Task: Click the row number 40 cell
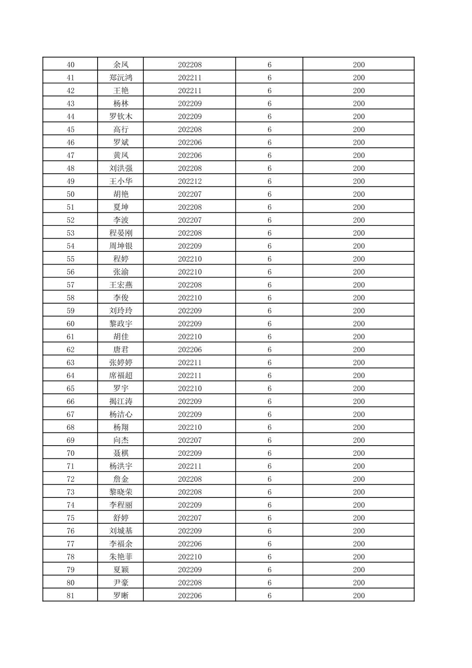(70, 65)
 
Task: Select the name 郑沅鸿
(121, 78)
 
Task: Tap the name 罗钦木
(121, 116)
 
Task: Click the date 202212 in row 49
(190, 181)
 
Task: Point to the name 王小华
(121, 181)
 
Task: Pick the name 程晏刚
(121, 233)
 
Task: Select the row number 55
(70, 259)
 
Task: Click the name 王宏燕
(121, 285)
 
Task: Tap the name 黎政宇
(121, 323)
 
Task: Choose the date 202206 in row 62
(190, 349)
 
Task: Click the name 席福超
(121, 375)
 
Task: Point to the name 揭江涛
(121, 401)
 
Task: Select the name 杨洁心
(121, 414)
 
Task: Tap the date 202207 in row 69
(190, 440)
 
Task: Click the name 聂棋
(121, 453)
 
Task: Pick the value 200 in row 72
(359, 479)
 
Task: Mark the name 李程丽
(121, 505)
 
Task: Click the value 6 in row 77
(269, 544)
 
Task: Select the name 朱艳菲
(121, 557)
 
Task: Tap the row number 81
(70, 595)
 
